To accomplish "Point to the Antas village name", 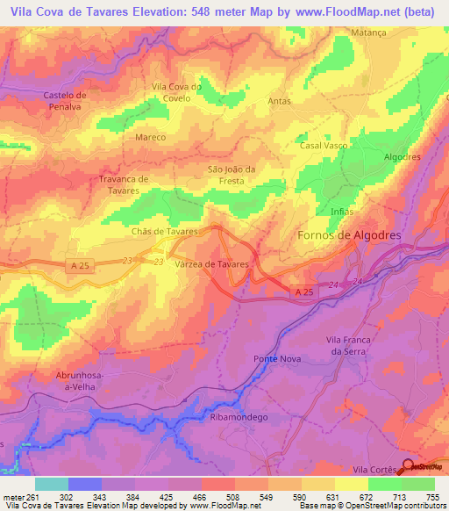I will (279, 101).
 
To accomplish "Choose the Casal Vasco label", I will (324, 145).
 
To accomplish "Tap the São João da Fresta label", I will (231, 174).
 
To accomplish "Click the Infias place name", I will (342, 212).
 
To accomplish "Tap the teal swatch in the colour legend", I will (52, 484).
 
